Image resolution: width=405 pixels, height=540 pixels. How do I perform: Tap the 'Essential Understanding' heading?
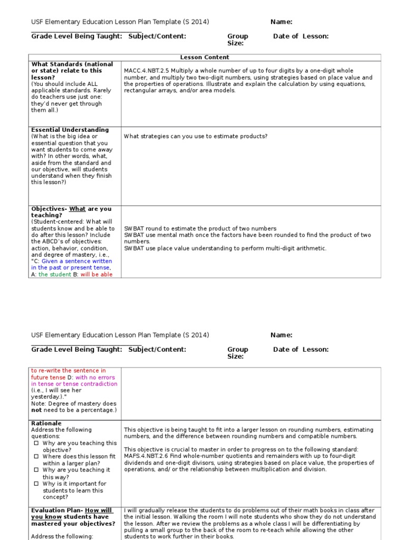click(70, 130)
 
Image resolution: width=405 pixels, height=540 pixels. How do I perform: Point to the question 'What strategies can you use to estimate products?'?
click(196, 136)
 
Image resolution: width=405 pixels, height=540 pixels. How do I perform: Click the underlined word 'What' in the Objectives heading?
click(77, 209)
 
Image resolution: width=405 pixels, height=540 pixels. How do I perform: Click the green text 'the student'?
click(55, 275)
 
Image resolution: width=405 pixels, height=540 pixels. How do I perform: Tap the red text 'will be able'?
click(97, 275)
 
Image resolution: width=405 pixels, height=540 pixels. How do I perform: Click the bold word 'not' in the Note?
click(36, 410)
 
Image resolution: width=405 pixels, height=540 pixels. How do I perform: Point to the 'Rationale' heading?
click(46, 423)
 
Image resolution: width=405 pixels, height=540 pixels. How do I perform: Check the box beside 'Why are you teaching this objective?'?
click(36, 443)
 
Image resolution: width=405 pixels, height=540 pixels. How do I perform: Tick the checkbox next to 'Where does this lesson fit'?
click(36, 457)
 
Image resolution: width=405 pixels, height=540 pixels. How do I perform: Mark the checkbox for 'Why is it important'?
click(36, 484)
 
